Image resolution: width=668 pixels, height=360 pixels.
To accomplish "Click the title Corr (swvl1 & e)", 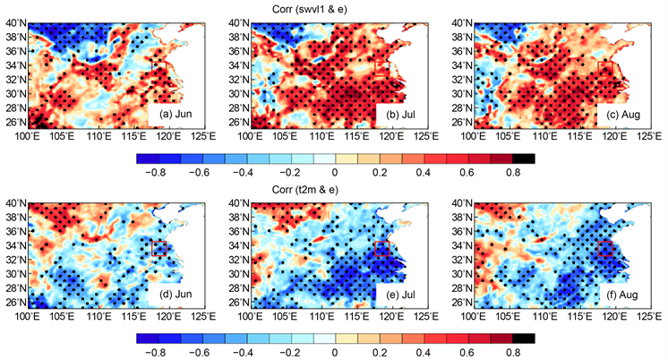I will [x=333, y=8].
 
